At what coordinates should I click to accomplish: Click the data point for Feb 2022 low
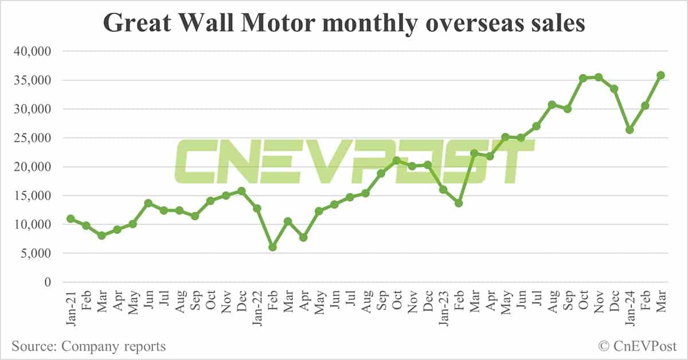point(273,247)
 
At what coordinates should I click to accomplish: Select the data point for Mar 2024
point(660,75)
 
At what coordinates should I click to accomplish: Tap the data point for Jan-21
point(71,218)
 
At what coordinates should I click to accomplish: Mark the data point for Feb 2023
point(459,204)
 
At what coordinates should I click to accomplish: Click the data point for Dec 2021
point(241,191)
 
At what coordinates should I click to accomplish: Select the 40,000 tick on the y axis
point(32,52)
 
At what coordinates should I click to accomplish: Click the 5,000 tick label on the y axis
point(35,253)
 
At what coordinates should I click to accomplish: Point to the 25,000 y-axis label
point(32,138)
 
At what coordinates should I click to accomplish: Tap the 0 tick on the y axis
point(48,282)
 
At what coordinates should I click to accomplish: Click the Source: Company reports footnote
point(88,346)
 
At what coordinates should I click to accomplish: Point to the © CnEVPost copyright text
point(637,346)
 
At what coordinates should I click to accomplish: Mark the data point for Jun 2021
point(148,203)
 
